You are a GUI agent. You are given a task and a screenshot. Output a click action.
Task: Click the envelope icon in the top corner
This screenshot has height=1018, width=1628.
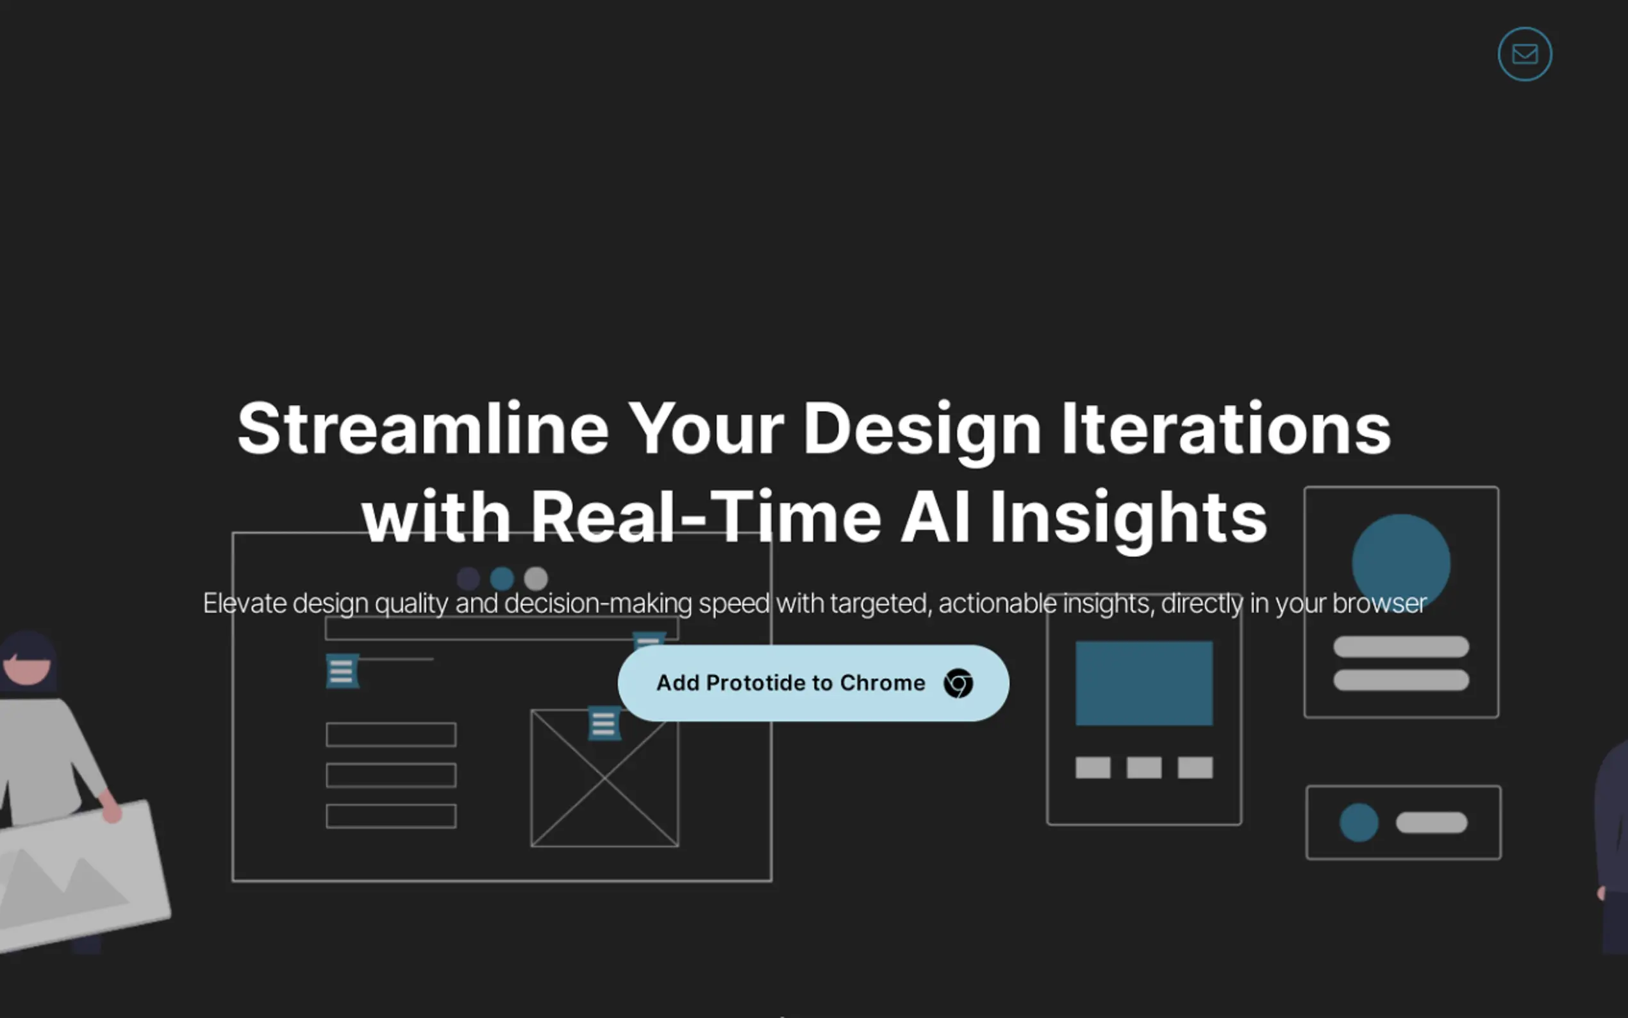click(x=1524, y=54)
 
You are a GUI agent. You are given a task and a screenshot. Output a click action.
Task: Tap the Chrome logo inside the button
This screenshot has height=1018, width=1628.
click(x=958, y=683)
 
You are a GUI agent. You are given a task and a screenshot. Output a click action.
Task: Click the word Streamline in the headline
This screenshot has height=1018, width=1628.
click(x=423, y=428)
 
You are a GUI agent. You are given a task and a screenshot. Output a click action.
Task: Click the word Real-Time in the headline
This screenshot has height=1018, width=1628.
click(x=706, y=516)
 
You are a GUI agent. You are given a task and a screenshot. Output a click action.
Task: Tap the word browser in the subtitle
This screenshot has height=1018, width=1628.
click(x=1380, y=603)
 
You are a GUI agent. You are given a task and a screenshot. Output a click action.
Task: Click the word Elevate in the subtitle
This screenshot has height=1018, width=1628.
click(x=245, y=603)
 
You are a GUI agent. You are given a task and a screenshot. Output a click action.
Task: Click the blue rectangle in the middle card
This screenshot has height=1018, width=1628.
click(x=1144, y=683)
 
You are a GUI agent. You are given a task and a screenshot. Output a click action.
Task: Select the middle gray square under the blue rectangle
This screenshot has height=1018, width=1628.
click(x=1144, y=767)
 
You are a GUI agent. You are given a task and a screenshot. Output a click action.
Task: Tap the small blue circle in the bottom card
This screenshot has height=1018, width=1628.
click(x=1359, y=822)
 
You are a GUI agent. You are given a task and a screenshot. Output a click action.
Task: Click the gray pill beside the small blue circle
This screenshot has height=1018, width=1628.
click(x=1431, y=822)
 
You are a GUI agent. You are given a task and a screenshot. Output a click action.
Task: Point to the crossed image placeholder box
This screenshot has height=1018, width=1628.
click(x=604, y=778)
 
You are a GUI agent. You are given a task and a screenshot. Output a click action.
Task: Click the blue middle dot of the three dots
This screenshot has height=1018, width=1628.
click(x=502, y=578)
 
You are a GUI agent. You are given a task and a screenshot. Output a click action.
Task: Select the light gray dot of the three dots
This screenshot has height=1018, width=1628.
click(x=536, y=578)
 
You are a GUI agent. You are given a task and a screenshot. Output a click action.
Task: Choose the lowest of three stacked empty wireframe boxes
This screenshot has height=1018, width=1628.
click(x=391, y=816)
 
